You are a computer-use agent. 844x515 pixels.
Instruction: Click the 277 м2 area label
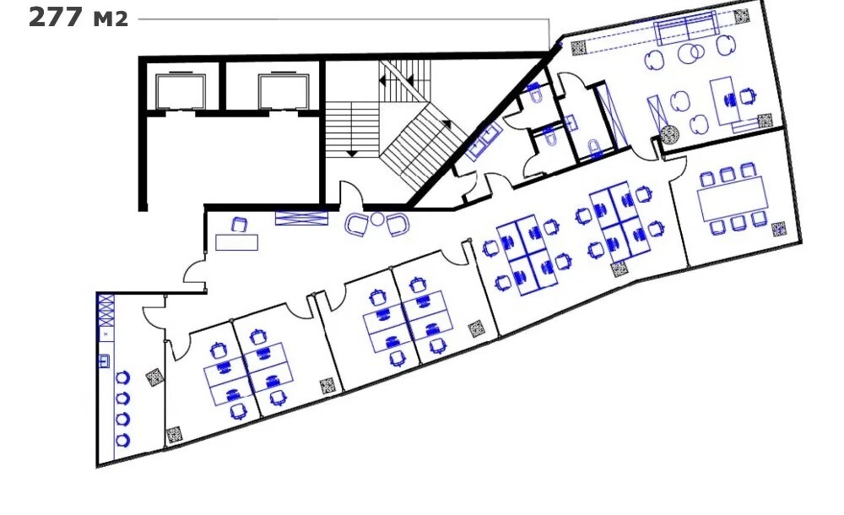click(78, 17)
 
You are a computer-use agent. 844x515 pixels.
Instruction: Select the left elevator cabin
click(181, 90)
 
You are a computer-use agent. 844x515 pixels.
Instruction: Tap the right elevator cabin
click(283, 90)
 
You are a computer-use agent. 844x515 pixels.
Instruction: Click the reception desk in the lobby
click(237, 241)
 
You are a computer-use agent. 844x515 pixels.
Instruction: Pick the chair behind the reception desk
click(239, 225)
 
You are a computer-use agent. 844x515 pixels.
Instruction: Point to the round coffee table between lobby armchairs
click(377, 219)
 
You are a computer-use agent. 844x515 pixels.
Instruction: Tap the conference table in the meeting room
click(733, 198)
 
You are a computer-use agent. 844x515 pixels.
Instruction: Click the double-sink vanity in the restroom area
click(484, 139)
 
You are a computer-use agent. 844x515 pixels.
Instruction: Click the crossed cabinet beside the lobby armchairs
click(301, 218)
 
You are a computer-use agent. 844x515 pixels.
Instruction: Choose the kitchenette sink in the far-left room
click(105, 360)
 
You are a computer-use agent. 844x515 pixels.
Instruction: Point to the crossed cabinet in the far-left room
click(105, 310)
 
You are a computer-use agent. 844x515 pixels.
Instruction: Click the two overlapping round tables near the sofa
click(692, 53)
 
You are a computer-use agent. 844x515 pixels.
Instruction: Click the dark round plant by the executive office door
click(669, 135)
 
